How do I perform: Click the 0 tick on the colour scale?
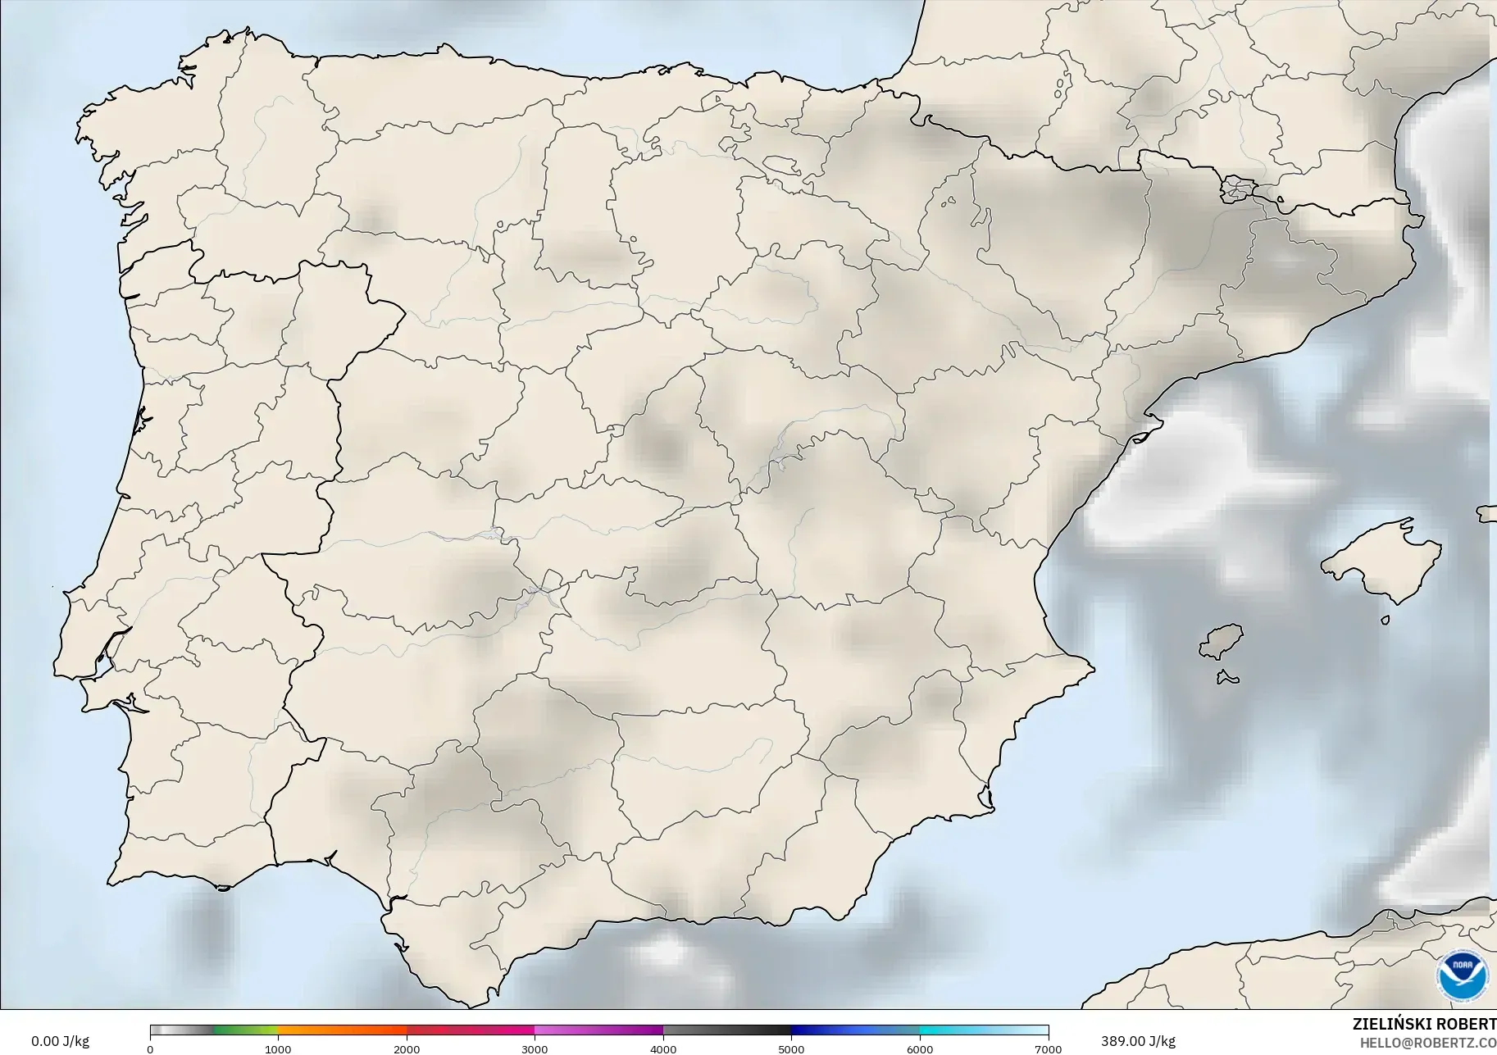pos(150,1048)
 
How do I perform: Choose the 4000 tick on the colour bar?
pos(663,1048)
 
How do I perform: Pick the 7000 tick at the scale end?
pos(1048,1048)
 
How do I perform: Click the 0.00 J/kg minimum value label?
pos(60,1041)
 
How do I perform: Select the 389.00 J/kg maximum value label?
pos(1138,1041)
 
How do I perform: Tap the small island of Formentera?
pos(1227,678)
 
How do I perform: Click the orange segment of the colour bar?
pos(342,1030)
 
